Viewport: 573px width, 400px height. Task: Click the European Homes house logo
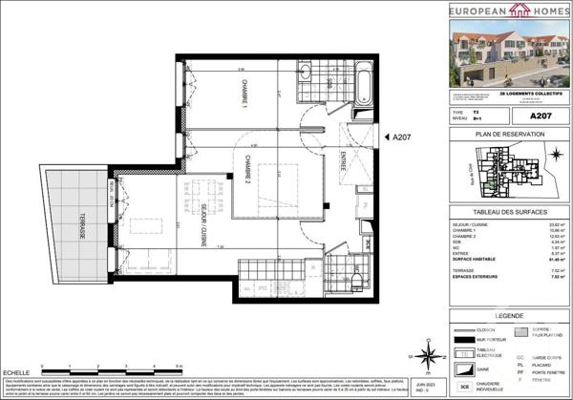(495, 11)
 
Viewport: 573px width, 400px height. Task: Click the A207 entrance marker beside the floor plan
(400, 137)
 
